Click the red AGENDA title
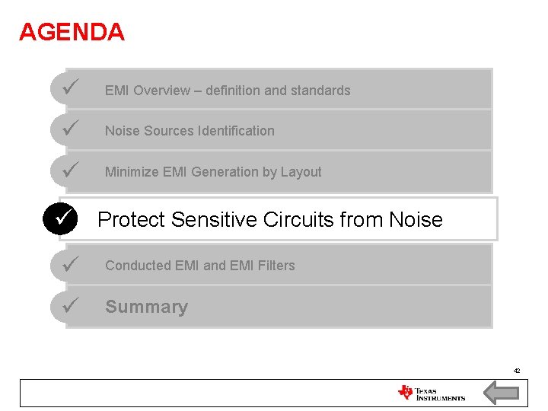[72, 32]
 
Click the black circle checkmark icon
[62, 219]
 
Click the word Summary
[146, 307]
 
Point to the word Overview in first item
[161, 91]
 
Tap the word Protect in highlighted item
[131, 220]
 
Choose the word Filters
[277, 266]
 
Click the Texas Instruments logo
[431, 393]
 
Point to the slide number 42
[517, 371]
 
